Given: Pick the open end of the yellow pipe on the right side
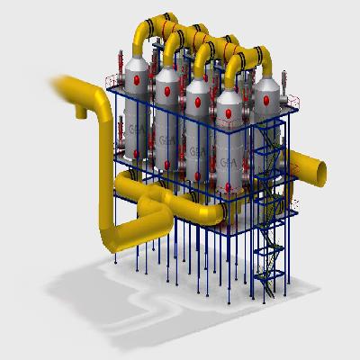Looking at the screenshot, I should point(322,166).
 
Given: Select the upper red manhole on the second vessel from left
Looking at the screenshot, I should point(166,89).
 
